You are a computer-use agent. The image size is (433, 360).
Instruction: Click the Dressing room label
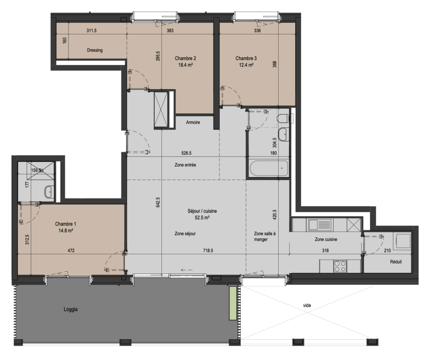(x=95, y=50)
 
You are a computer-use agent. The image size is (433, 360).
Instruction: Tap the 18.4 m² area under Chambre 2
(x=185, y=65)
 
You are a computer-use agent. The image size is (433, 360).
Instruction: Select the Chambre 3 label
(x=246, y=58)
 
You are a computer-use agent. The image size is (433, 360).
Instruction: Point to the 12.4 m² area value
(x=246, y=65)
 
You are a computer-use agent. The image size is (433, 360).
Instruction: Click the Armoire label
(x=193, y=122)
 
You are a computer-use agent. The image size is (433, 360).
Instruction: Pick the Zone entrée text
(x=185, y=165)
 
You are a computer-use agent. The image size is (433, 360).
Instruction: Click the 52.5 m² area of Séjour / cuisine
(x=202, y=218)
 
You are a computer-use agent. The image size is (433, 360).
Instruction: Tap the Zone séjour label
(x=185, y=234)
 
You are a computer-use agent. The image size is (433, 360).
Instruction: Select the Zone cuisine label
(x=326, y=239)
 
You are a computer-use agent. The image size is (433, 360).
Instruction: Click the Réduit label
(x=396, y=261)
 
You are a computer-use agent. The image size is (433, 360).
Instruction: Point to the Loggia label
(x=71, y=309)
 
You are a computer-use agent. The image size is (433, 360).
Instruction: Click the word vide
(x=307, y=305)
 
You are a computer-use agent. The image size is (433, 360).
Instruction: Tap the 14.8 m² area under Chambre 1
(x=66, y=231)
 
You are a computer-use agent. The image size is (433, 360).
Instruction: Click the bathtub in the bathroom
(x=269, y=168)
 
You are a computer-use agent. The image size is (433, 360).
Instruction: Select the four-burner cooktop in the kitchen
(x=340, y=266)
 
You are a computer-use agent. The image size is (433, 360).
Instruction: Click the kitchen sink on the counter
(x=320, y=225)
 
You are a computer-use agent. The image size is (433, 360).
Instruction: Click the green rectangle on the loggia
(x=233, y=303)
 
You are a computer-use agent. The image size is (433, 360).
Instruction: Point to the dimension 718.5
(x=208, y=250)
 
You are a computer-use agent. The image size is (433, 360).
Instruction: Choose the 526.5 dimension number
(x=186, y=153)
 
